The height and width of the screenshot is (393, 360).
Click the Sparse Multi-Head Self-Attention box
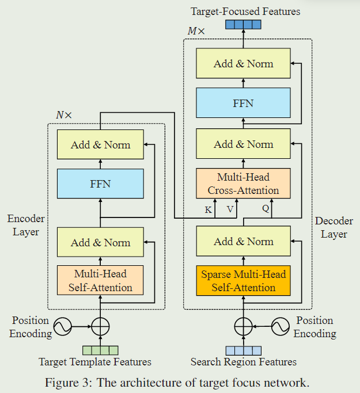pos(243,280)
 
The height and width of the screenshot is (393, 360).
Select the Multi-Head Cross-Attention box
pos(243,184)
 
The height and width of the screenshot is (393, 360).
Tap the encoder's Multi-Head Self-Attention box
pos(100,280)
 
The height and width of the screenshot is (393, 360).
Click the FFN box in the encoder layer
pos(100,184)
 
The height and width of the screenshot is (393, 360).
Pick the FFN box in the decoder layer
pos(243,104)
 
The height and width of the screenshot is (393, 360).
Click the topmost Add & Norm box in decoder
pos(243,64)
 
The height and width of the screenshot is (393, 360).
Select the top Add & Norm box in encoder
pos(100,145)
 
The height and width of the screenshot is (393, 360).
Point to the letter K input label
pos(208,210)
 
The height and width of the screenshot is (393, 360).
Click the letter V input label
pos(230,210)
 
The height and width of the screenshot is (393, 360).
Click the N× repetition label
pos(64,115)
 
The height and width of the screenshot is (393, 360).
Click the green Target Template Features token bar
pos(100,350)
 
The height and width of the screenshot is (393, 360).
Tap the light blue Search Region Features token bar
pos(243,350)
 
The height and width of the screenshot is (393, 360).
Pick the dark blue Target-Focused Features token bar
pos(243,24)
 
